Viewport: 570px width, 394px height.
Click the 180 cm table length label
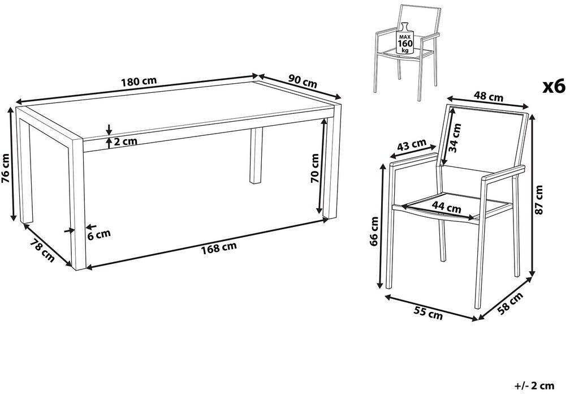(x=139, y=82)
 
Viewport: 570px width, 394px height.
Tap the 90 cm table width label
(x=303, y=81)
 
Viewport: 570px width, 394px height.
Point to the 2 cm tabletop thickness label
(x=126, y=141)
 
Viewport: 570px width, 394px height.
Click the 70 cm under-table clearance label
(x=314, y=168)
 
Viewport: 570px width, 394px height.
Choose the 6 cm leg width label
(x=99, y=235)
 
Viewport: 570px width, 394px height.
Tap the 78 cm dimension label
(x=42, y=250)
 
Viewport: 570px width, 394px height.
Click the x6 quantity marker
(x=554, y=87)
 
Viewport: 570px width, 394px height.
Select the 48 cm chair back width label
(x=488, y=96)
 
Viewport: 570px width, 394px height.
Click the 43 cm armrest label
(x=411, y=145)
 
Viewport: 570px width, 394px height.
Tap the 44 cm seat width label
(x=446, y=207)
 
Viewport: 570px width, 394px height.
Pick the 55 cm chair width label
(x=428, y=313)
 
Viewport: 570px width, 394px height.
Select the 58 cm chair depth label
(x=511, y=303)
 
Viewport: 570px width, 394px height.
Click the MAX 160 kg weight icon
(x=405, y=38)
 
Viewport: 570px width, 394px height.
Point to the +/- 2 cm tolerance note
(x=534, y=386)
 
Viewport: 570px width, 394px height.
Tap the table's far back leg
(x=256, y=156)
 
